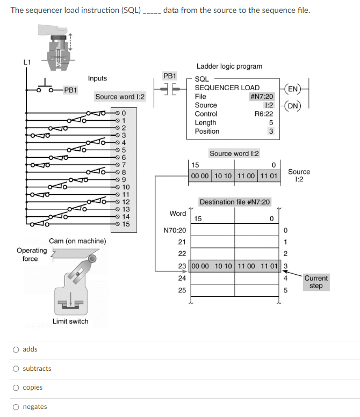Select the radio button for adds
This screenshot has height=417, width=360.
[x=17, y=349]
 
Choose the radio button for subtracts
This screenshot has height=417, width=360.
[x=17, y=369]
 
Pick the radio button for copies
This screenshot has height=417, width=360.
[x=17, y=387]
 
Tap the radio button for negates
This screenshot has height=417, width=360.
[x=17, y=407]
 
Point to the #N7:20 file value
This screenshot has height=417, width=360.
[x=262, y=97]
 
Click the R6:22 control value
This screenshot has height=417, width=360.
[x=264, y=114]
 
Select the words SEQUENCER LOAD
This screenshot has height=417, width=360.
[x=227, y=87]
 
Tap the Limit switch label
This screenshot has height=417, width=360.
[x=70, y=321]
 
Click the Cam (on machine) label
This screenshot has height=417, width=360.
[x=77, y=241]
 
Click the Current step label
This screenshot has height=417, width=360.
[x=316, y=282]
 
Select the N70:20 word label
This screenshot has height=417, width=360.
[x=175, y=230]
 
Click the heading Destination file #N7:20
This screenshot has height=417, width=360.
[x=235, y=202]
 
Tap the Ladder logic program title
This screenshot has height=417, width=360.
[x=229, y=67]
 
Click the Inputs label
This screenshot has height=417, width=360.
[x=97, y=78]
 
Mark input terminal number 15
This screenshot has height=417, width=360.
[x=126, y=224]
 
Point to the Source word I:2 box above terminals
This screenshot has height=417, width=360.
[x=120, y=97]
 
